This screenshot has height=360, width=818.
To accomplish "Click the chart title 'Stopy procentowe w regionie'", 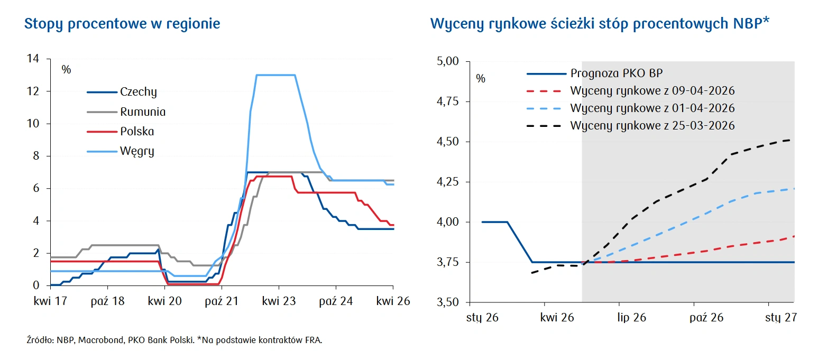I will point(122,24).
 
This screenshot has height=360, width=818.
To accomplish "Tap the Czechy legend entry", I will point(138,92).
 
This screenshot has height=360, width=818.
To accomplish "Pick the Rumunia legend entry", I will point(142,112).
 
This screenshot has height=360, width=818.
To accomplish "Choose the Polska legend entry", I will point(137,132).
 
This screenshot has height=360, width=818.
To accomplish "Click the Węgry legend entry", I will point(137,152).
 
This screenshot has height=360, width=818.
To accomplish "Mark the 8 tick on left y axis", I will point(36,156).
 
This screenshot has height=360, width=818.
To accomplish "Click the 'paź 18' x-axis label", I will point(107,301).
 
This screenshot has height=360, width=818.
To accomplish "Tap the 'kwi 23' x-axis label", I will point(279,301).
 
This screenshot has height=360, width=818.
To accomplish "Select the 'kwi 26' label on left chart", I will point(393,301).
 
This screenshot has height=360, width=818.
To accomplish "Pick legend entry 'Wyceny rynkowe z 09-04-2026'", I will point(652,91).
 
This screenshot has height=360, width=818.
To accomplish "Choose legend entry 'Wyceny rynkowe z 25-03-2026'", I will point(652,126).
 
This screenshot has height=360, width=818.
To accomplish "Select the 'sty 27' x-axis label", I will point(781,318).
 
